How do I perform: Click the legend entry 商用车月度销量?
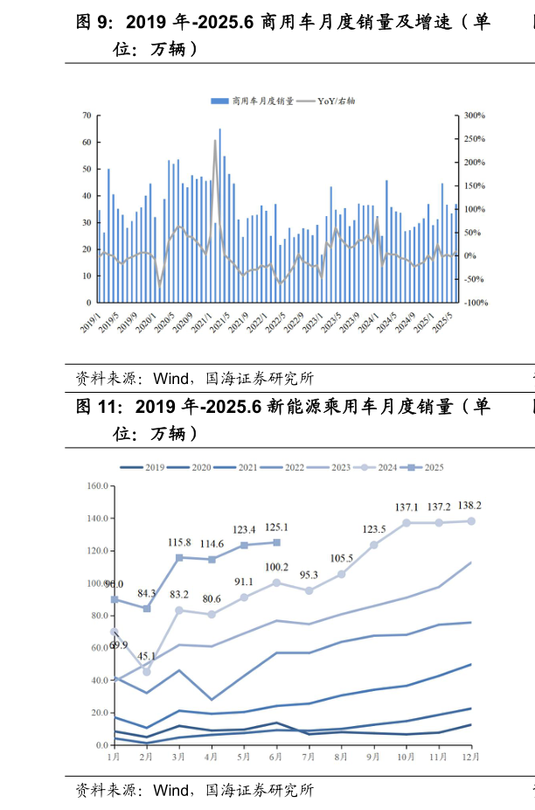(257, 101)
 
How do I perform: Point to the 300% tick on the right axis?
(475, 115)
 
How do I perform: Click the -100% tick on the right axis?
(476, 303)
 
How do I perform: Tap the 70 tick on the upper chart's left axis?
(87, 115)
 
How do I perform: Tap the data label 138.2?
(471, 506)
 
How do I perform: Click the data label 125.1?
(277, 527)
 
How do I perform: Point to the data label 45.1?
(147, 656)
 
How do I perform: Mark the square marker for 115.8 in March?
(179, 557)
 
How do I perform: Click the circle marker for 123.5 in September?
(374, 545)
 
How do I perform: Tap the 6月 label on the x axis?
(277, 755)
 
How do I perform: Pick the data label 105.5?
(342, 559)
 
